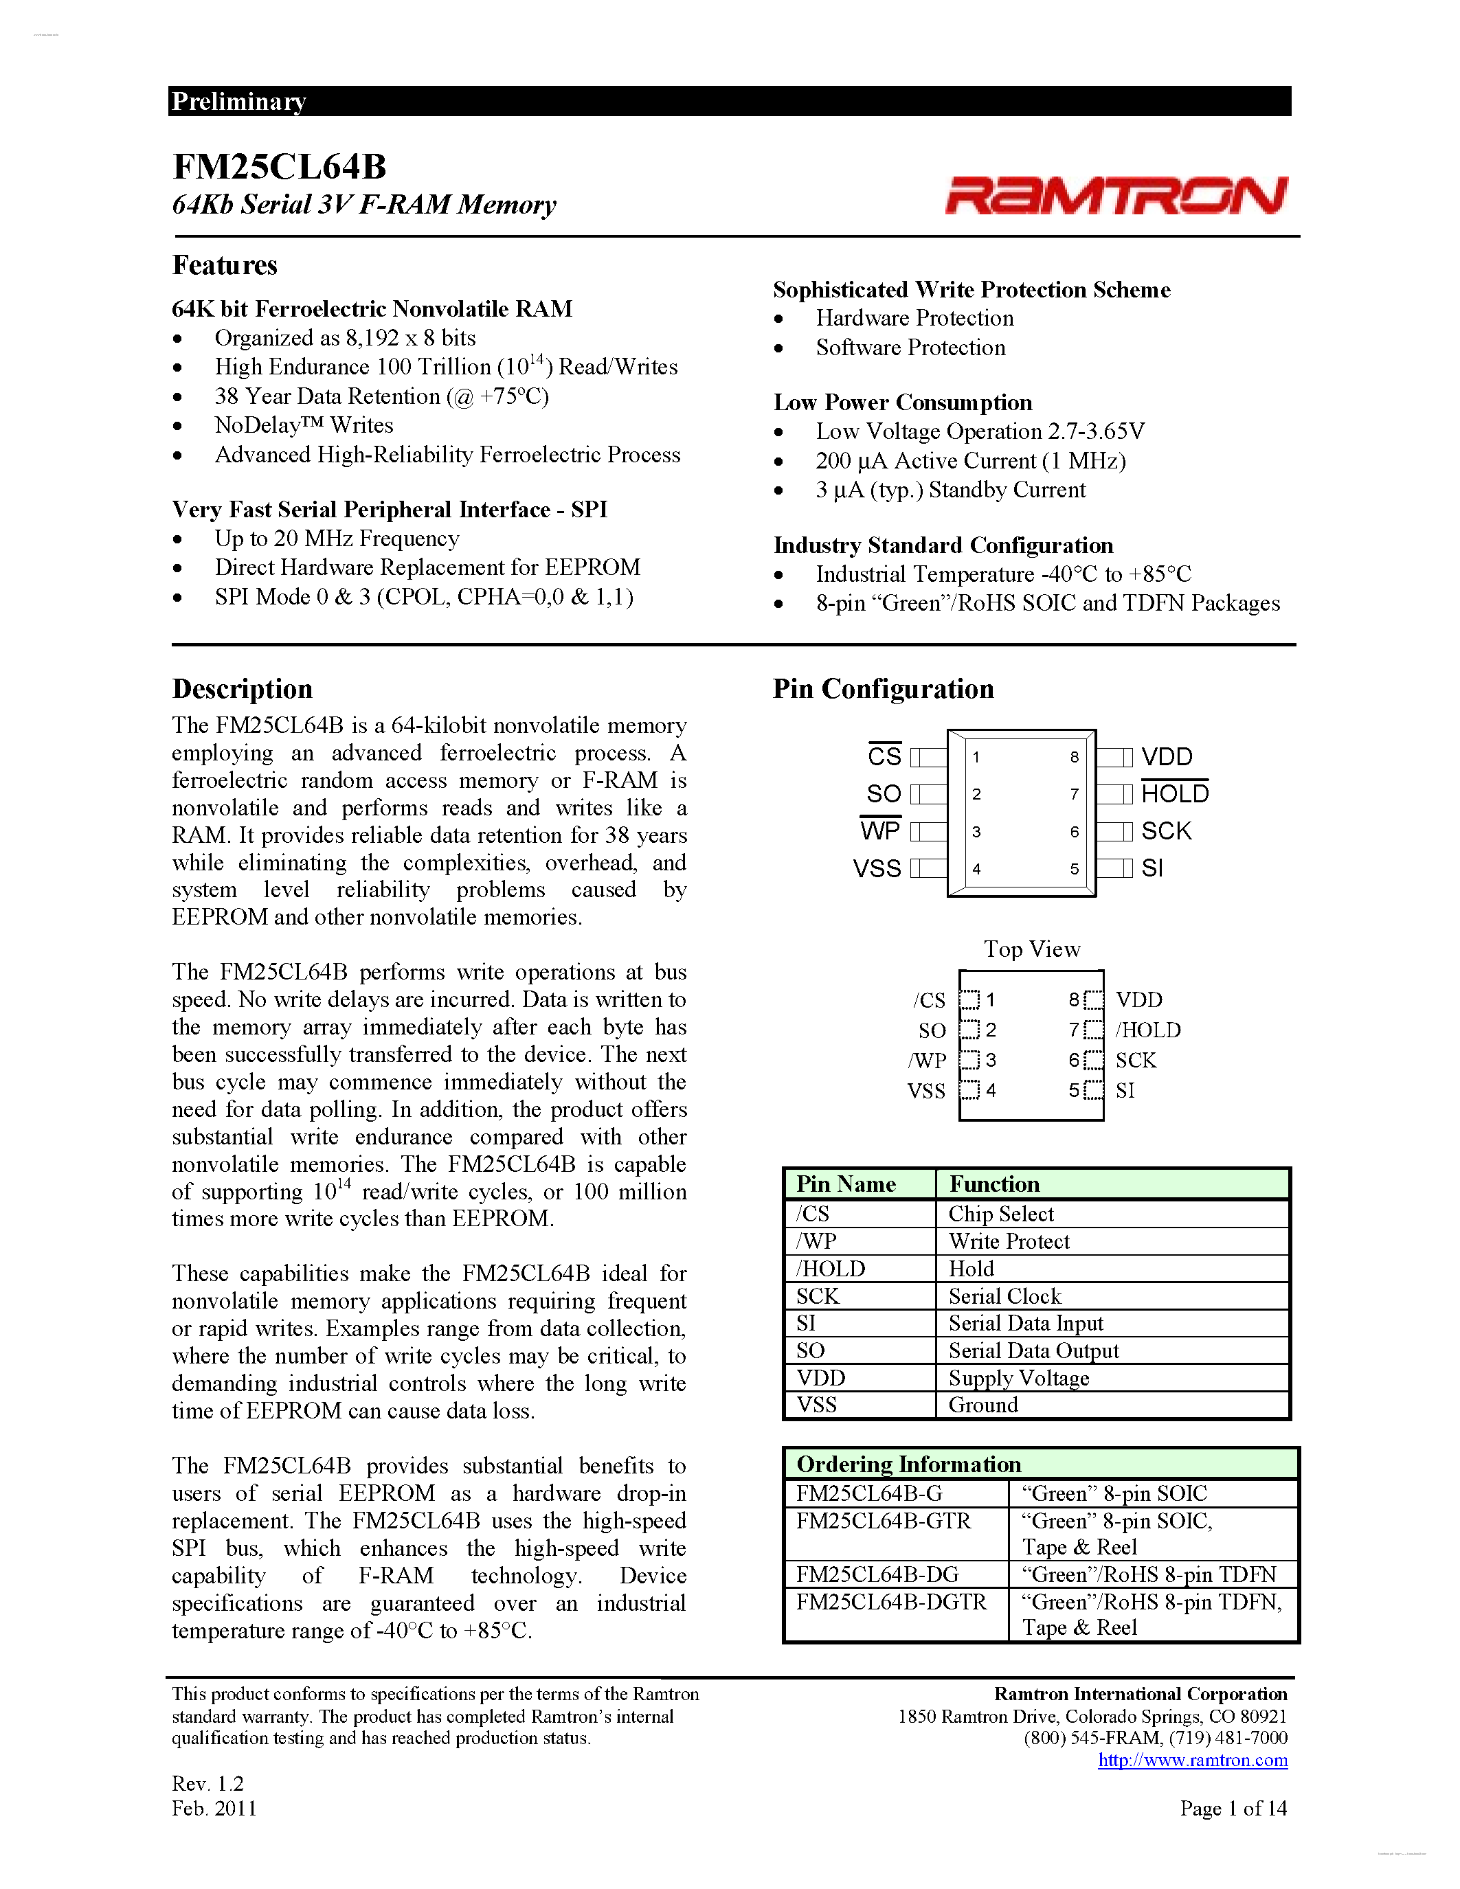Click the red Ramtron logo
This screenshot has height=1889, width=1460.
pyautogui.click(x=1116, y=196)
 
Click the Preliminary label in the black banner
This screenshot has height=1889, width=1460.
pyautogui.click(x=238, y=101)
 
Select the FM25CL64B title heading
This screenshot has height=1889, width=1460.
pyautogui.click(x=280, y=166)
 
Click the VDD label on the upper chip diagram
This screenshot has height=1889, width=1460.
pyautogui.click(x=1166, y=757)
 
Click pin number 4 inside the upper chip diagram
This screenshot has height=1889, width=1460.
pyautogui.click(x=976, y=869)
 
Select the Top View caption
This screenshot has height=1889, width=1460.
pyautogui.click(x=1031, y=949)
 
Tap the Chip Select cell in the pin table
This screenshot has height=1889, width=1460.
pyautogui.click(x=1001, y=1214)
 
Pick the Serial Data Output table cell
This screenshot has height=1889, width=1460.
pyautogui.click(x=1033, y=1350)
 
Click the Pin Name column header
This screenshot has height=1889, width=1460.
pyautogui.click(x=845, y=1184)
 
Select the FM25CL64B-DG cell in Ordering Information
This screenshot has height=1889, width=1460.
pyautogui.click(x=877, y=1574)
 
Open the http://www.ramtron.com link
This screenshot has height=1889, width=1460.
pyautogui.click(x=1192, y=1760)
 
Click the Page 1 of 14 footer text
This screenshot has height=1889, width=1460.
pyautogui.click(x=1233, y=1808)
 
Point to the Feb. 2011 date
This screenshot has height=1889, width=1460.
pyautogui.click(x=214, y=1808)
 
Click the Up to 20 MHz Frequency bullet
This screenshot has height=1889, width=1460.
pyautogui.click(x=337, y=538)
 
